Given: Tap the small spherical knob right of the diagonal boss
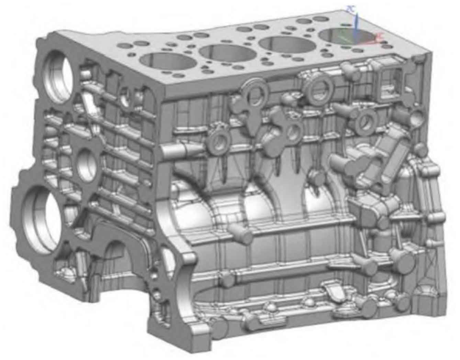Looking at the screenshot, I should point(420,150).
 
